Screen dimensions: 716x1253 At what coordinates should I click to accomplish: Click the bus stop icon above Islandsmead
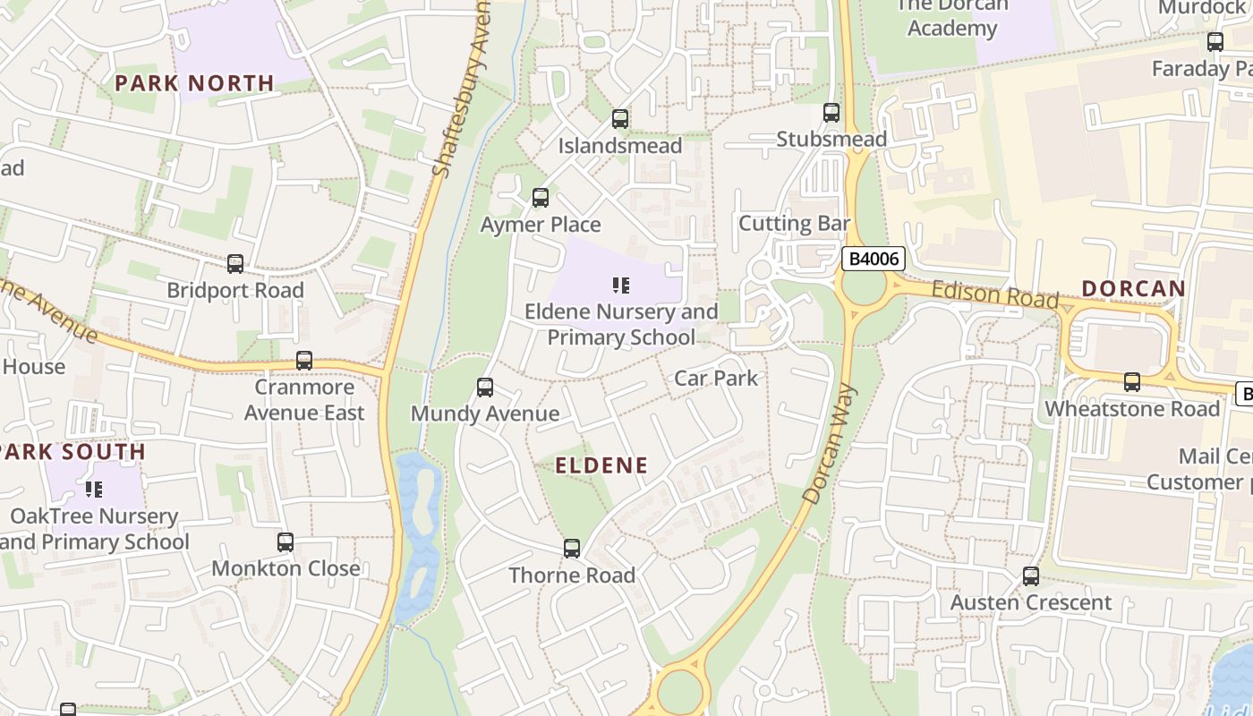[619, 119]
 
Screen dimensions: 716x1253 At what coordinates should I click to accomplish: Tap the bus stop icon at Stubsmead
[831, 113]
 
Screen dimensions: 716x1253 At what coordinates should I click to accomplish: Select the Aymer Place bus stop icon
[541, 198]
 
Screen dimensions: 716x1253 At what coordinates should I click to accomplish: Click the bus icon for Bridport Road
[235, 264]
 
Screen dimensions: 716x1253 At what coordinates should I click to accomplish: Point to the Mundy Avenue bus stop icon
[485, 388]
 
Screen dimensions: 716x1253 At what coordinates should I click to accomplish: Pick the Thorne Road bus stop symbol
[572, 549]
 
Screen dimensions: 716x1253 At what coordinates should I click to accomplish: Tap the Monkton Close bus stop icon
[286, 542]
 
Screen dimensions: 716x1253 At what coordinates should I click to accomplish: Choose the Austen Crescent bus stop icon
[1031, 576]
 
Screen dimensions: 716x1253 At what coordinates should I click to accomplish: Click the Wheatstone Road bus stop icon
[1132, 383]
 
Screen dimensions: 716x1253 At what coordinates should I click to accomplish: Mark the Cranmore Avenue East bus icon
[304, 361]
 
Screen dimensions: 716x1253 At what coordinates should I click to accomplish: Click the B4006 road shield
[874, 260]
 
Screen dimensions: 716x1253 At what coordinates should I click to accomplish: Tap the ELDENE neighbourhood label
[601, 465]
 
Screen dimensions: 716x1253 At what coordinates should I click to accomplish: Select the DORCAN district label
[1133, 289]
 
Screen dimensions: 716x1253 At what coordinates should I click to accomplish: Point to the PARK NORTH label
[194, 83]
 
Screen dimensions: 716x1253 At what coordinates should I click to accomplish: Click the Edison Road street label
[994, 294]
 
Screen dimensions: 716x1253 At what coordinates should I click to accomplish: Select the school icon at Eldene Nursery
[621, 286]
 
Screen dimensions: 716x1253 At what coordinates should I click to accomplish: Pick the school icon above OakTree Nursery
[94, 490]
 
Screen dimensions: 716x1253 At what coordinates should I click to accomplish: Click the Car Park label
[716, 378]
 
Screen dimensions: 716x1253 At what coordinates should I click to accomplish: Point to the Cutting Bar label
[794, 223]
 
